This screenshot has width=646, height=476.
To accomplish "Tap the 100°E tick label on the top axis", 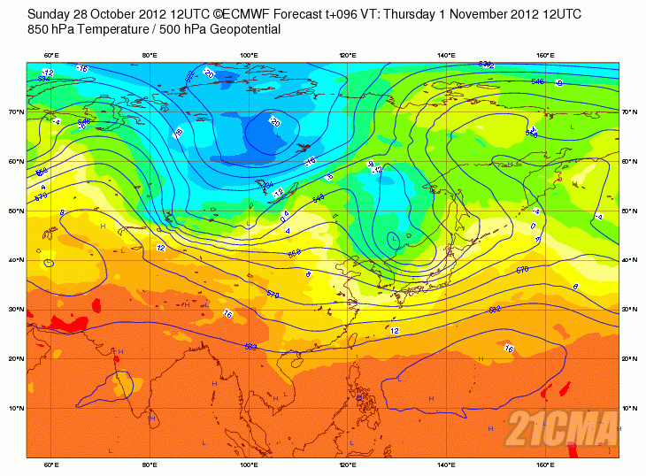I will coord(250,56).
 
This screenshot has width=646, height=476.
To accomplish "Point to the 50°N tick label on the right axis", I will coord(629,211).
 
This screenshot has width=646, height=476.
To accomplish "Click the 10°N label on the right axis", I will coord(629,409).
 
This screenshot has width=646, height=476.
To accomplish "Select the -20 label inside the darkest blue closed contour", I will coord(273,122).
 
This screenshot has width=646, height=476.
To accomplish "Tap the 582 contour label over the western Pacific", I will coord(495,310).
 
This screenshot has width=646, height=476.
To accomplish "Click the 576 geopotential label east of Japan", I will coord(521,269).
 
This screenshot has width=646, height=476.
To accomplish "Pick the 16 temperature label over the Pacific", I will coord(508,349).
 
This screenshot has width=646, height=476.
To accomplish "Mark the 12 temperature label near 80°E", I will coord(160,248).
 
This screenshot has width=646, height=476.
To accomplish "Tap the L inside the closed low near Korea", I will coord(395,237).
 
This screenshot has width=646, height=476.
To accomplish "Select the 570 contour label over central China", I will coord(273,293).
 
